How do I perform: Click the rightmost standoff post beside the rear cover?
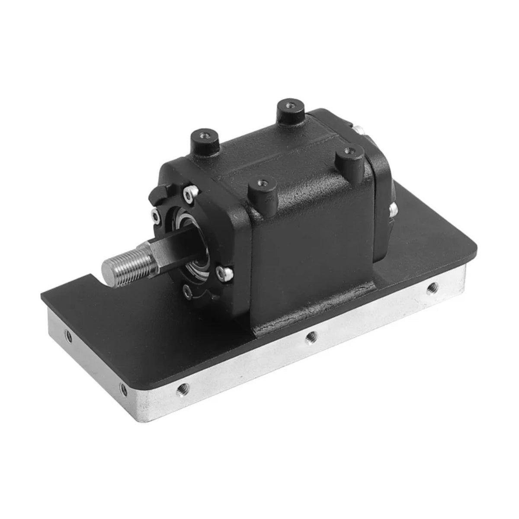(349, 155)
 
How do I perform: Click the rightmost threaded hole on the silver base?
(431, 287)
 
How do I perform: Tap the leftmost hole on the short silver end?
(67, 334)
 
